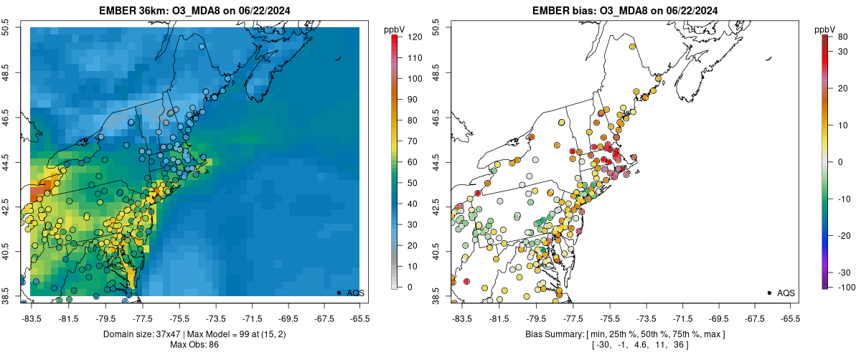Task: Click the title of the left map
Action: [x=194, y=10]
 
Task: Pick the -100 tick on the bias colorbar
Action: [x=842, y=287]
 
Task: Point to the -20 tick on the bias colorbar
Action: [x=842, y=235]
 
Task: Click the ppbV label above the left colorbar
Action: [x=395, y=29]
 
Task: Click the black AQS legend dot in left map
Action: [x=338, y=293]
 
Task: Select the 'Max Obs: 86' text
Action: [x=194, y=345]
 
